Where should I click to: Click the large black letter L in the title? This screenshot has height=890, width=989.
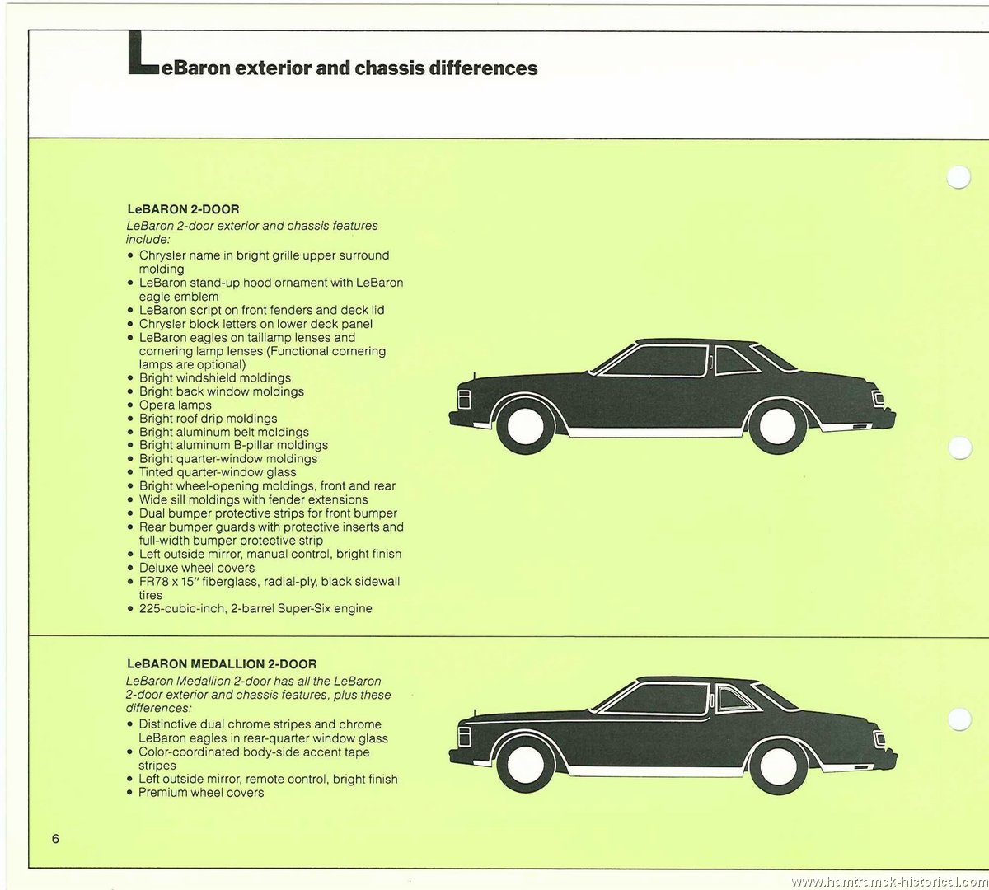(143, 54)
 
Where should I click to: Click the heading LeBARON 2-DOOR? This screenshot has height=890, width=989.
(183, 209)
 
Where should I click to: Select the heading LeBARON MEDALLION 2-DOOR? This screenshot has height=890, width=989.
(222, 664)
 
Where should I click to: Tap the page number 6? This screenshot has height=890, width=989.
(55, 838)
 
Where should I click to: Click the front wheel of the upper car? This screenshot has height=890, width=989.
(524, 425)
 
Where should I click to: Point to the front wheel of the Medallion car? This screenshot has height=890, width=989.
(524, 766)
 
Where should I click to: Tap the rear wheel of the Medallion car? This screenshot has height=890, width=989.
(779, 766)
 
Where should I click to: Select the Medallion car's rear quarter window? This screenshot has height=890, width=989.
(734, 699)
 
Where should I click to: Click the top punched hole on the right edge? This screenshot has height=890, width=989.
(959, 176)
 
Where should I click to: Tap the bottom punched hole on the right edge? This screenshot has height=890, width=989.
(959, 719)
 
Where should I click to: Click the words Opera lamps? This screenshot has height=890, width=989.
(175, 405)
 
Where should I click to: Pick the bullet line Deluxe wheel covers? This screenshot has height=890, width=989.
(197, 568)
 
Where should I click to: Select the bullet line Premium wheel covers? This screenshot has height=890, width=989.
(201, 793)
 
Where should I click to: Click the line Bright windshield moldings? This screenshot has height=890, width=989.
(215, 377)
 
